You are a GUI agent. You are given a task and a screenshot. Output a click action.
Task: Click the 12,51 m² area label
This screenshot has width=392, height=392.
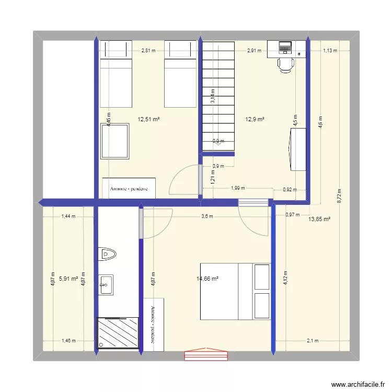click(148, 119)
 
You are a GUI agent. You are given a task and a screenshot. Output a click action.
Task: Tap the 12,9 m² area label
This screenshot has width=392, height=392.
click(255, 119)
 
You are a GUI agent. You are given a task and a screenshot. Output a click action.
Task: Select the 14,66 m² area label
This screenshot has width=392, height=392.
click(207, 279)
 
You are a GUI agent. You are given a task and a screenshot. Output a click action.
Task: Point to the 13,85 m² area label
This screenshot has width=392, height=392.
click(320, 220)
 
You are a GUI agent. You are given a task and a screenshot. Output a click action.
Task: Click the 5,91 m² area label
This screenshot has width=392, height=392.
click(68, 279)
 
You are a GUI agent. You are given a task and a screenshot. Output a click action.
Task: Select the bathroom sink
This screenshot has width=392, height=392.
click(106, 285)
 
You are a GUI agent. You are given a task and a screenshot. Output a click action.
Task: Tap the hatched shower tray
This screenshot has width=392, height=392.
click(118, 332)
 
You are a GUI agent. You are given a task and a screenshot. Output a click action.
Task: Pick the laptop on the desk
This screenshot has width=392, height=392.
click(285, 48)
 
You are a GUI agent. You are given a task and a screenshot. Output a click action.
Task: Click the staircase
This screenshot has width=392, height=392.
click(218, 97)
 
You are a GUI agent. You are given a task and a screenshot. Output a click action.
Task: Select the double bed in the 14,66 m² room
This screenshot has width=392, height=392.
click(235, 291)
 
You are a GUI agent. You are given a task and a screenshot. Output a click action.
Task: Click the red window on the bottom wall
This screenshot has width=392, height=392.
click(206, 355)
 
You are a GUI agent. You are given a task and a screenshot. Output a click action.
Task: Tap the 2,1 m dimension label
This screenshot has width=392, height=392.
click(313, 341)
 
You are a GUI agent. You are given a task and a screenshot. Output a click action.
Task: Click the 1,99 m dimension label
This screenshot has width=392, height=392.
click(237, 189)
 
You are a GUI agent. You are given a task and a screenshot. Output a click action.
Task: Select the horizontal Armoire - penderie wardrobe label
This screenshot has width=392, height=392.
click(129, 189)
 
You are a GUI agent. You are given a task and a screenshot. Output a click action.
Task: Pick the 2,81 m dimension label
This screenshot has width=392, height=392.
click(148, 51)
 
